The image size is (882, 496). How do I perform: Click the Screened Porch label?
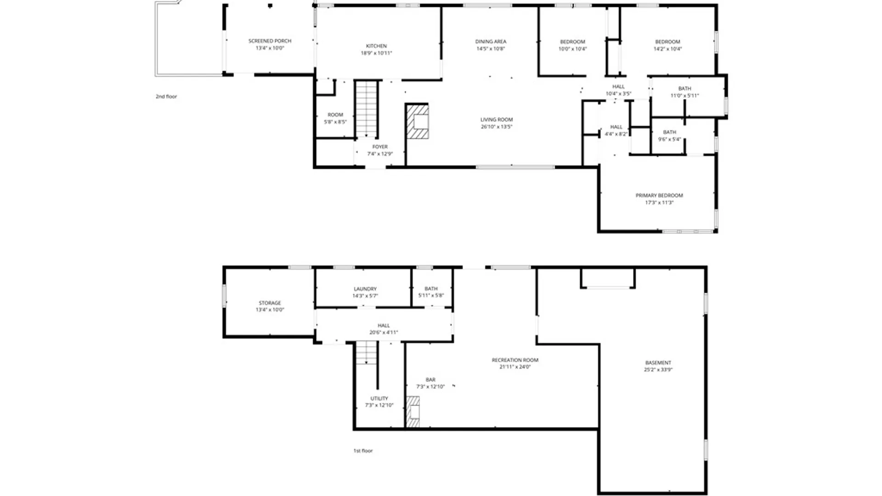click(270, 41)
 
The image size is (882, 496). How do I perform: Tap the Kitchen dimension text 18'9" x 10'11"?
click(376, 53)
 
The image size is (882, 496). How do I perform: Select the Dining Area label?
click(491, 41)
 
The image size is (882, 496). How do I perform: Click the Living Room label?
click(497, 119)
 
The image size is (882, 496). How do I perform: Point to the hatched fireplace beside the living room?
click(418, 122)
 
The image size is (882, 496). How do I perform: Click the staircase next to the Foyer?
click(367, 109)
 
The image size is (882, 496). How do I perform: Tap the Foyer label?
click(380, 147)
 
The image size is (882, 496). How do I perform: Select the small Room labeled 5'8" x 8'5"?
click(335, 118)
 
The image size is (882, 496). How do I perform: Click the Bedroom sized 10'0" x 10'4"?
click(572, 45)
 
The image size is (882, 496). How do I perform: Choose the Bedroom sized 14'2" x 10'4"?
click(667, 45)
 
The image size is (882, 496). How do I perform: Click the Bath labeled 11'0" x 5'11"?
click(684, 92)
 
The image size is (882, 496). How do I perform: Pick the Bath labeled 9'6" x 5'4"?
click(669, 135)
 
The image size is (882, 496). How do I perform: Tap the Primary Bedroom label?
click(659, 195)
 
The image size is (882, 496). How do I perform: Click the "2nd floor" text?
click(166, 96)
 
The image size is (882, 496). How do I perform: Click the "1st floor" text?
click(363, 451)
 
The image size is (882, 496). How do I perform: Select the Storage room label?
click(270, 303)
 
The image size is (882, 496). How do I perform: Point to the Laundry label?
click(365, 289)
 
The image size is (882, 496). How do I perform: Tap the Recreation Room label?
click(515, 360)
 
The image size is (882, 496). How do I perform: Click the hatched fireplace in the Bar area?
click(413, 412)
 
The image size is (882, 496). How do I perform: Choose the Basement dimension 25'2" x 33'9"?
click(658, 370)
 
